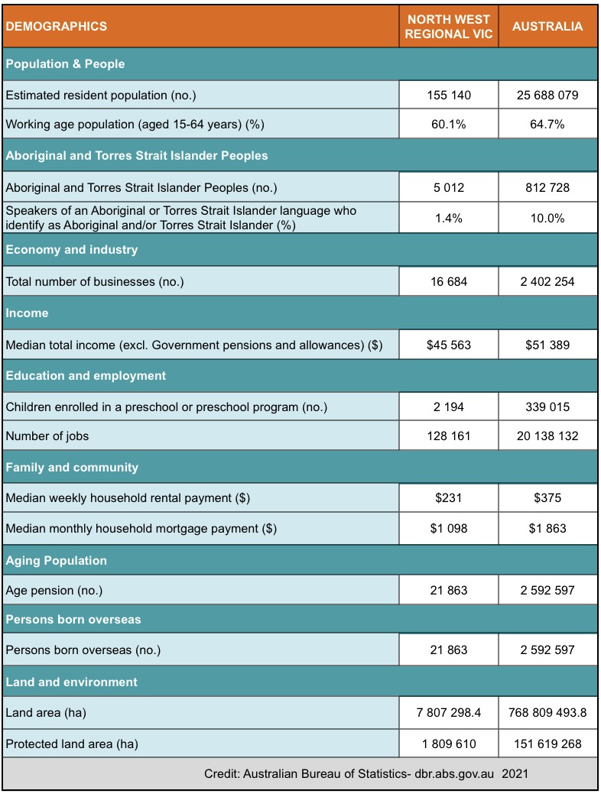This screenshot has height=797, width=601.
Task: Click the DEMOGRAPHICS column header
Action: pyautogui.click(x=57, y=27)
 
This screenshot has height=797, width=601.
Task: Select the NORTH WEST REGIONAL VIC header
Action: pyautogui.click(x=449, y=27)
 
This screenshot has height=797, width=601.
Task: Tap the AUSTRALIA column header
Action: pyautogui.click(x=547, y=27)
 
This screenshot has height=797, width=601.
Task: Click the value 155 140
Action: pyautogui.click(x=449, y=95)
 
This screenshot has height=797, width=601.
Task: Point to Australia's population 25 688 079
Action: pyautogui.click(x=547, y=95)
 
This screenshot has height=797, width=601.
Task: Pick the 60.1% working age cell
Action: pyautogui.click(x=449, y=124)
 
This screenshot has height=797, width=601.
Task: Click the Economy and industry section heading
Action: pyautogui.click(x=72, y=250)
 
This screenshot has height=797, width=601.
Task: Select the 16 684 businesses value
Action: pyautogui.click(x=449, y=282)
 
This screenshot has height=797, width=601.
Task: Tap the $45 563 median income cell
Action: pyautogui.click(x=449, y=345)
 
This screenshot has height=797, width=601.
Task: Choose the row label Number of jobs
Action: pyautogui.click(x=47, y=436)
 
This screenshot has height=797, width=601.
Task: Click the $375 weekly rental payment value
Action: pyautogui.click(x=547, y=497)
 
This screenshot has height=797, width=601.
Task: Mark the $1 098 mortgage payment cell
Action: pyautogui.click(x=449, y=529)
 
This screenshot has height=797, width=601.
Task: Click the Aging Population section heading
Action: pyautogui.click(x=57, y=561)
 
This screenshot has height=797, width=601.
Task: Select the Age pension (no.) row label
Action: pyautogui.click(x=54, y=591)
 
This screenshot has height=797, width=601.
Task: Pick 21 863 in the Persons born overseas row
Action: pyautogui.click(x=449, y=650)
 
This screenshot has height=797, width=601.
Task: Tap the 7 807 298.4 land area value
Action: pyautogui.click(x=449, y=713)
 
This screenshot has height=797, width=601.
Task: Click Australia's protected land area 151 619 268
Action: pyautogui.click(x=547, y=744)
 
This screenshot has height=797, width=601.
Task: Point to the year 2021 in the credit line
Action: pyautogui.click(x=515, y=773)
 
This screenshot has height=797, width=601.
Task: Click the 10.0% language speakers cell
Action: pyautogui.click(x=547, y=218)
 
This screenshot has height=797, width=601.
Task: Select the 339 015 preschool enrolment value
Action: pyautogui.click(x=547, y=407)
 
